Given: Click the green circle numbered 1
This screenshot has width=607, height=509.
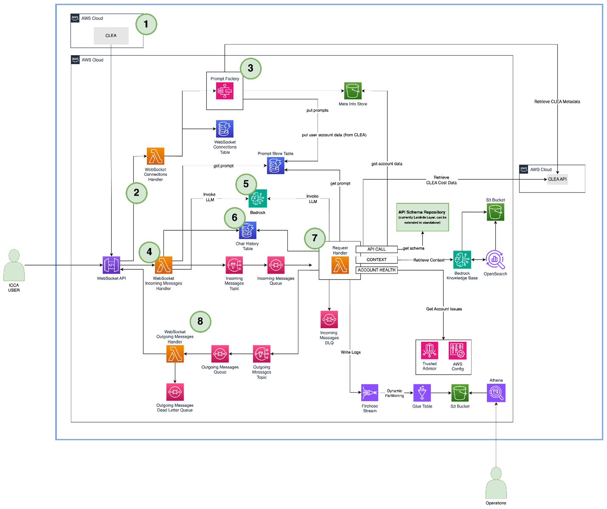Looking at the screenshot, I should (146, 24).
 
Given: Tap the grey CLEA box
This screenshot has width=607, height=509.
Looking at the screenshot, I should (111, 36).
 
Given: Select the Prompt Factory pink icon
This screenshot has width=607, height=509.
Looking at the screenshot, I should (225, 91).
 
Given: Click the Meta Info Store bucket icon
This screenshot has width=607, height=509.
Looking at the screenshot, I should (353, 91).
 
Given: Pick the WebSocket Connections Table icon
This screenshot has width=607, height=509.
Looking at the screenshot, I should (225, 129).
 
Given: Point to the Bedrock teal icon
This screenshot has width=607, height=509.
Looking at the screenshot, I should (258, 199).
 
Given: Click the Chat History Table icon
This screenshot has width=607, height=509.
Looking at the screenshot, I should (247, 231).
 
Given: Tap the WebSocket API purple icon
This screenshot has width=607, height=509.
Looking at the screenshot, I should (111, 265).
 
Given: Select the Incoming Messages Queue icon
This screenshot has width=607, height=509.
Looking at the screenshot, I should (276, 266).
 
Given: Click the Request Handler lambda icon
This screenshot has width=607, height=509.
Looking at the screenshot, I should (340, 266).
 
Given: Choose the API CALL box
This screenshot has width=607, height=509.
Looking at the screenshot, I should (377, 249).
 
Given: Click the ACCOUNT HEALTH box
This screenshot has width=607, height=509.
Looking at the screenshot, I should (377, 270).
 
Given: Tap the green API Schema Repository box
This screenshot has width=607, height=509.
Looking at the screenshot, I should (422, 217).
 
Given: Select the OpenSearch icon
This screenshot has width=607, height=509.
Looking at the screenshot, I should (495, 260).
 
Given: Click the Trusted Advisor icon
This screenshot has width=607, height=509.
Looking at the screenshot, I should (430, 351).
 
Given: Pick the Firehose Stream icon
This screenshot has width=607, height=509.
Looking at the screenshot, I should (370, 393).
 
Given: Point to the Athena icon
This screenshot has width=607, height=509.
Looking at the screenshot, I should (496, 393).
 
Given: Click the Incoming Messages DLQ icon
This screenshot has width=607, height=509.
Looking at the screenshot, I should (329, 319).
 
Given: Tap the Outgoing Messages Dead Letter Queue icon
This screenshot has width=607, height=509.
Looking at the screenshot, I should (175, 392).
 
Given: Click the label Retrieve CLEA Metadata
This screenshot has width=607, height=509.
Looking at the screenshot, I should (557, 102).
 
